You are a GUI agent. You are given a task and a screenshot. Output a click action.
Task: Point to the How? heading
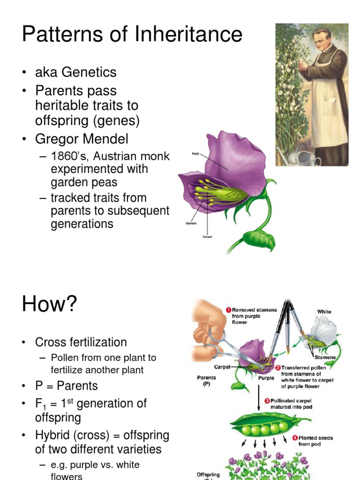pyautogui.click(x=49, y=305)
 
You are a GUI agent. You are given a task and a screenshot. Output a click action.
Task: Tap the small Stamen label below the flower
pyautogui.click(x=191, y=224)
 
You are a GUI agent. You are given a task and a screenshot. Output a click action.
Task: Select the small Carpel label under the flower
pyautogui.click(x=207, y=237)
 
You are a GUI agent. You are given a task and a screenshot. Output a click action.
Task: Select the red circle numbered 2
pyautogui.click(x=277, y=367)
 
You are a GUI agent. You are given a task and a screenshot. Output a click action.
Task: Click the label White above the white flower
pyautogui.click(x=324, y=311)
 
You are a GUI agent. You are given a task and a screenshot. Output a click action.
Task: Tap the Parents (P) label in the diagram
pyautogui.click(x=206, y=381)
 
